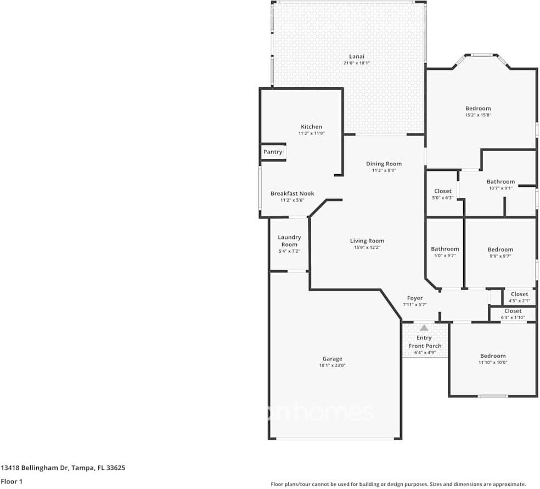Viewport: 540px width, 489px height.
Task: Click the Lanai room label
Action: click(x=357, y=56)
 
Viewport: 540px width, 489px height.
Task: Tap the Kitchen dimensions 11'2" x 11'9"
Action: click(x=311, y=134)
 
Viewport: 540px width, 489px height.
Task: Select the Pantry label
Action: click(x=273, y=152)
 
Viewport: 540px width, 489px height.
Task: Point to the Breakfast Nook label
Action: click(x=292, y=193)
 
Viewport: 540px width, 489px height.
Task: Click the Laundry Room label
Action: click(x=289, y=241)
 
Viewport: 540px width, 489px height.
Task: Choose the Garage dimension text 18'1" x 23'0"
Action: click(x=333, y=366)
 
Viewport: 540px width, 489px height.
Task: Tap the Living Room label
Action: click(x=367, y=241)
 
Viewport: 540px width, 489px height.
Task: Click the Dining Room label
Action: click(x=384, y=164)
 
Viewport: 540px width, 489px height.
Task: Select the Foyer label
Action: click(x=414, y=298)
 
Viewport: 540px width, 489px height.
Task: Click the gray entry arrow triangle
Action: click(x=424, y=327)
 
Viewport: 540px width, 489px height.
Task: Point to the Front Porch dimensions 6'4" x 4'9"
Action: click(x=425, y=353)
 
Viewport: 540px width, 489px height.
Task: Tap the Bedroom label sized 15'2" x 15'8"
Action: click(x=478, y=108)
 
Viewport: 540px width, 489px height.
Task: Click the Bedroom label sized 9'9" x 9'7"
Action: click(x=500, y=249)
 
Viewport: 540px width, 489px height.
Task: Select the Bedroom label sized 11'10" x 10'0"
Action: click(x=493, y=355)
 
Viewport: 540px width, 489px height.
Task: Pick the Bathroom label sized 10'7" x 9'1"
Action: click(x=500, y=181)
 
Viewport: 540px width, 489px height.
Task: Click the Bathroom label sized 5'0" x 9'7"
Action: click(x=445, y=249)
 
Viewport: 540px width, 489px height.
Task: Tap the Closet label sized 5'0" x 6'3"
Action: click(x=443, y=191)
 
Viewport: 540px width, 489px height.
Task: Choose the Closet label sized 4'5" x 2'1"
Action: click(x=519, y=294)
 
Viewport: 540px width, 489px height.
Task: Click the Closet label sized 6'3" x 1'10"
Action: click(x=513, y=311)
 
